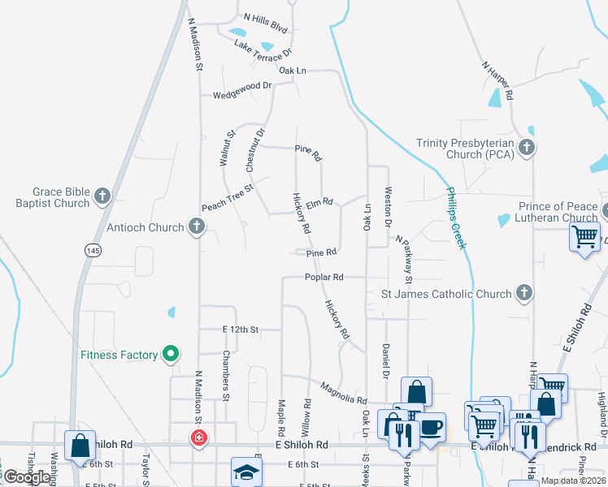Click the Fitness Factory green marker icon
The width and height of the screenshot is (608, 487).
170,355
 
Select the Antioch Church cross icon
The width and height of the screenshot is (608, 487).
196,227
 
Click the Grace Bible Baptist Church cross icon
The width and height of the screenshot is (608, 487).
102,196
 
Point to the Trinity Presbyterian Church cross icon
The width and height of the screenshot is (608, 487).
527,148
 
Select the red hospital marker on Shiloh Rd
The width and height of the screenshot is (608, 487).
198,439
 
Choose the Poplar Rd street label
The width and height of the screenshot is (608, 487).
324,277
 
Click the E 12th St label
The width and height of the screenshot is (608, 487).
241,330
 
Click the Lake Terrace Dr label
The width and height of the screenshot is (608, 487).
262,49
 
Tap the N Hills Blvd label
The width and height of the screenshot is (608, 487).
266,22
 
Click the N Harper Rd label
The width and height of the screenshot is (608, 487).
497,80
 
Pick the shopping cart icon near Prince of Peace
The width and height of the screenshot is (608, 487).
585,237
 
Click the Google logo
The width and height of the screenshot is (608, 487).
27,477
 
